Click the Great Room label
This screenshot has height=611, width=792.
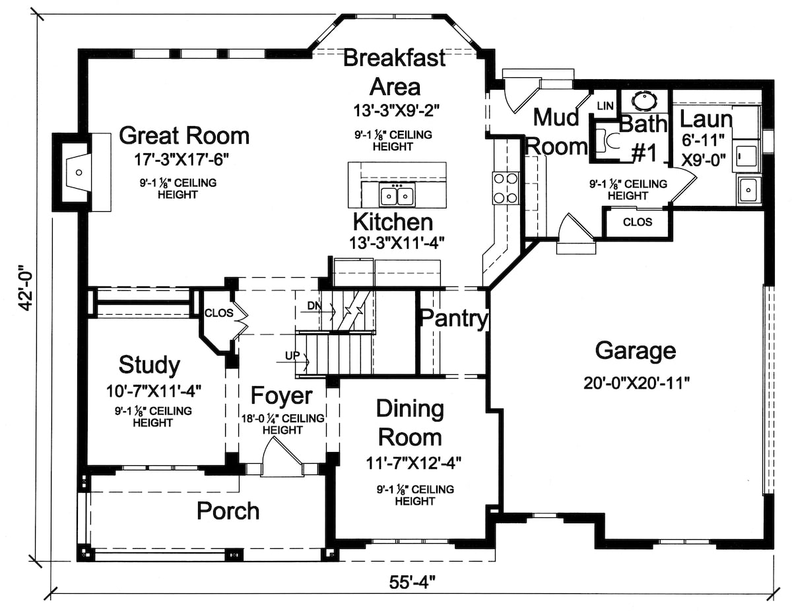[x=184, y=136]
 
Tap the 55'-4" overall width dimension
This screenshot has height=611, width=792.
[x=411, y=583]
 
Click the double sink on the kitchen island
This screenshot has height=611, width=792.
[x=397, y=196]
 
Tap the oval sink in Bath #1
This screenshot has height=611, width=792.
[x=644, y=101]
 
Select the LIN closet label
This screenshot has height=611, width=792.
[x=605, y=106]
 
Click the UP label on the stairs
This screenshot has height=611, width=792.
[x=293, y=356]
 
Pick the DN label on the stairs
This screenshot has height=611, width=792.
[x=315, y=305]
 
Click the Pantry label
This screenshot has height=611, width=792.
[x=454, y=319]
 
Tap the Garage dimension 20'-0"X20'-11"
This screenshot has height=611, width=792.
[x=636, y=383]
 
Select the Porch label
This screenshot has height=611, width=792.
[x=228, y=511]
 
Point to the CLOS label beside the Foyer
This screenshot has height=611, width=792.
[x=218, y=313]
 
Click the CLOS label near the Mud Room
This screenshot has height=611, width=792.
[x=638, y=222]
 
